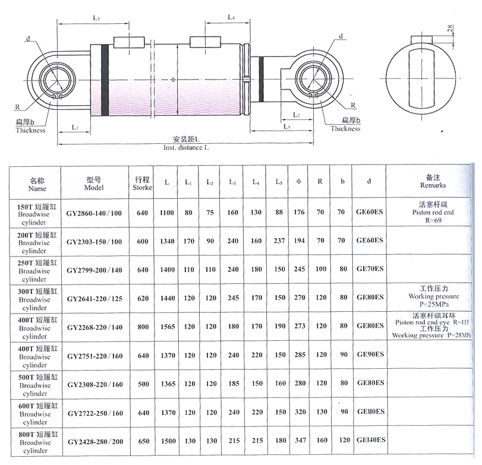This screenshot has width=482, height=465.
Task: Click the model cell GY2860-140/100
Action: (x=94, y=213)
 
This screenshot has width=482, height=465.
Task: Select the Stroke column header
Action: (x=142, y=184)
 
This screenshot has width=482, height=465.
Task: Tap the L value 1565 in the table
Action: (x=168, y=327)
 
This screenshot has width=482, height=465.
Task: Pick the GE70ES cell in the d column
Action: (x=370, y=269)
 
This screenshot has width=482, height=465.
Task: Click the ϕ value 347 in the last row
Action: (x=300, y=440)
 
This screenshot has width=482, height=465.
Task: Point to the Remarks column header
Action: (x=433, y=181)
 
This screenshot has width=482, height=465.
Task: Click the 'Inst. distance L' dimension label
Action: (x=186, y=147)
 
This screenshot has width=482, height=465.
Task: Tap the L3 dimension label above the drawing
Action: (x=96, y=18)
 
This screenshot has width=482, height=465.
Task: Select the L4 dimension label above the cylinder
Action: (x=231, y=17)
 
